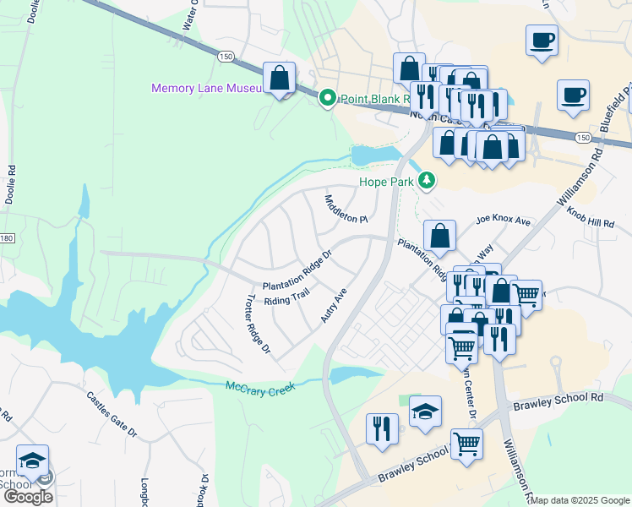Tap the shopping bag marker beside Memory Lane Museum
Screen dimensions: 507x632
[279, 79]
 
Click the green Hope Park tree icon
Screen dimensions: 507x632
[428, 179]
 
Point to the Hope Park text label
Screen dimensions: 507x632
[384, 181]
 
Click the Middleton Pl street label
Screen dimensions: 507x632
[346, 209]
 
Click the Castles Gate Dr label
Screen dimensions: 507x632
[111, 413]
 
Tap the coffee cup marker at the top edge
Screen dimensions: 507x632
[542, 39]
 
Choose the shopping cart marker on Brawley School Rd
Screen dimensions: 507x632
[466, 444]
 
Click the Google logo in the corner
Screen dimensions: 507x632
[27, 496]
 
